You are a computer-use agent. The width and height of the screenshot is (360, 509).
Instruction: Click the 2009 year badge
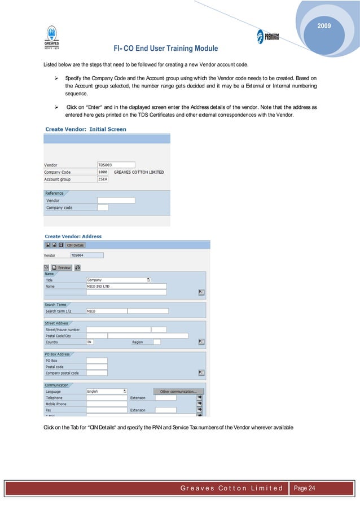pyautogui.click(x=324, y=27)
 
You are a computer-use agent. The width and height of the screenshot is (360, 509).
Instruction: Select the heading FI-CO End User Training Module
pyautogui.click(x=165, y=49)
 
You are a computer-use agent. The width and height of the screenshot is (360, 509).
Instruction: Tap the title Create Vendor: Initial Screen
pyautogui.click(x=85, y=129)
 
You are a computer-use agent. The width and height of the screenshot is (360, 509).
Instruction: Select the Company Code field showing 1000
pyautogui.click(x=103, y=172)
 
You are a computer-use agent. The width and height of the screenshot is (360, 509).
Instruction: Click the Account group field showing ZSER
pyautogui.click(x=103, y=179)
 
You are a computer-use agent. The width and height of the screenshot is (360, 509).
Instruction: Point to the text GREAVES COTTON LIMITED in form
pyautogui.click(x=139, y=172)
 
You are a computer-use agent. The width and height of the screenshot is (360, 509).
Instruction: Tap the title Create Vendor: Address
pyautogui.click(x=73, y=236)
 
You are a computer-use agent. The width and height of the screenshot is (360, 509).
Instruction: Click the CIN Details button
pyautogui.click(x=75, y=245)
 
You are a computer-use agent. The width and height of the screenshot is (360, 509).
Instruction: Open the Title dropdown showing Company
pyautogui.click(x=118, y=279)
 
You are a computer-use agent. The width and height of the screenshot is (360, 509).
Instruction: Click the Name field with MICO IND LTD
pyautogui.click(x=126, y=286)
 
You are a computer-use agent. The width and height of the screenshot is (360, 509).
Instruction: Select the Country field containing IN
pyautogui.click(x=90, y=342)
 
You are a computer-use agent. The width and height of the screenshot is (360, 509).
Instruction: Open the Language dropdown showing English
pyautogui.click(x=106, y=391)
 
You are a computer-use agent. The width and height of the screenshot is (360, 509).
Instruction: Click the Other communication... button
pyautogui.click(x=178, y=391)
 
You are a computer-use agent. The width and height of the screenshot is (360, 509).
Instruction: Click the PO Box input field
pyautogui.click(x=96, y=360)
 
